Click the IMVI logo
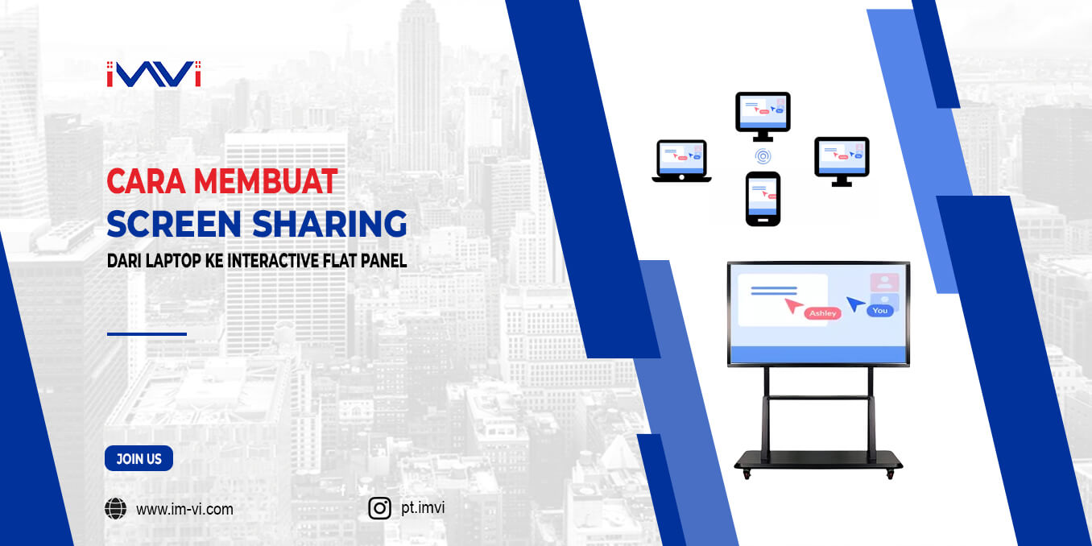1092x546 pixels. [x=153, y=74]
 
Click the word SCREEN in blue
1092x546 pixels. [x=173, y=224]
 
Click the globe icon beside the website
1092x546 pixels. [x=116, y=509]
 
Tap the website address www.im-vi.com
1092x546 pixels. [x=184, y=509]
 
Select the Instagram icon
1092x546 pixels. [x=380, y=508]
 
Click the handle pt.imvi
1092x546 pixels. [x=423, y=507]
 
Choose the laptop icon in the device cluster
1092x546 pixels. [x=681, y=160]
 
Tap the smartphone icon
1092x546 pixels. [x=763, y=198]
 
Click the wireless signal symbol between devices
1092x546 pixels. [x=762, y=155]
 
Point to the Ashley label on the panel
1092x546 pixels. [x=822, y=313]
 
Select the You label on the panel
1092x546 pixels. [x=879, y=310]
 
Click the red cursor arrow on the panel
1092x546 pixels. [x=793, y=306]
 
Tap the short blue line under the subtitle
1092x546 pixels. [x=147, y=333]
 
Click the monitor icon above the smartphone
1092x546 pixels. [x=763, y=113]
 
